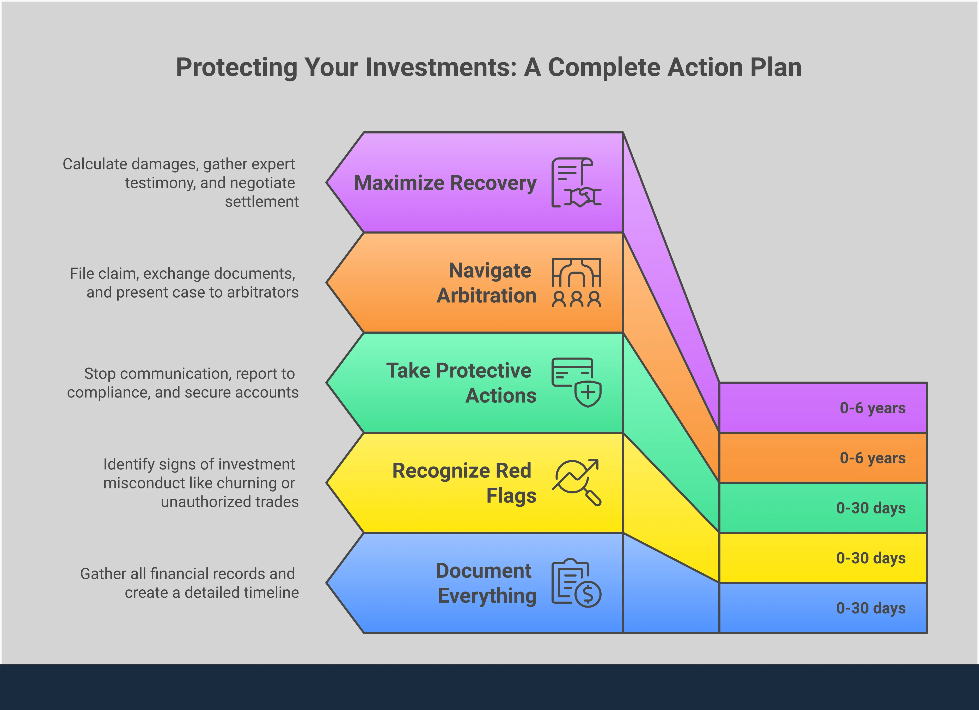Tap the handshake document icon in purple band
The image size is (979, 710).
pos(576,182)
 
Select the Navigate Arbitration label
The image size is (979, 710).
pos(487,283)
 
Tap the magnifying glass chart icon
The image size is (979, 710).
pos(576,482)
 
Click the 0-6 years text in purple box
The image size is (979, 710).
pos(872,408)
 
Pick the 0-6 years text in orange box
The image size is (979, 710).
pos(872,458)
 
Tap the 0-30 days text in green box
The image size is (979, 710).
pos(871,508)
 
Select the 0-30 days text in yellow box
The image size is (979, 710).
pos(871,558)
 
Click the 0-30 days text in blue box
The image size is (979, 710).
pos(871,608)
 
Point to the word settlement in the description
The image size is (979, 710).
pos(262,201)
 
